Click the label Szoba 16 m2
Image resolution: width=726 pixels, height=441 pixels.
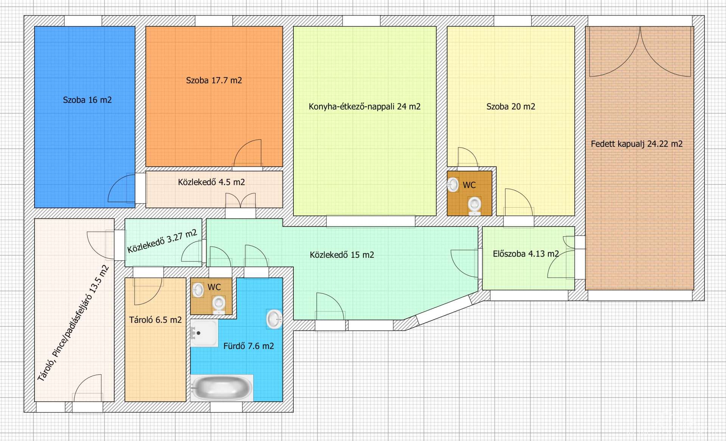coord(87,100)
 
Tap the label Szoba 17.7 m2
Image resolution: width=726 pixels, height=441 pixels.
coord(214,80)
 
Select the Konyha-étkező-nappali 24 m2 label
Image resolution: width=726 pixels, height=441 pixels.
coord(365,106)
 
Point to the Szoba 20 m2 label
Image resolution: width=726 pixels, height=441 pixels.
coord(511,106)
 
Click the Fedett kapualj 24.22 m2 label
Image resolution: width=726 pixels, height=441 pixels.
coord(637,144)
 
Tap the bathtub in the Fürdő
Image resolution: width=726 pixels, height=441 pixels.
coord(222,388)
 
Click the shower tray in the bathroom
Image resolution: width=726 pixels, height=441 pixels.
coord(204,333)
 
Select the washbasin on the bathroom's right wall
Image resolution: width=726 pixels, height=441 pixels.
coord(274,319)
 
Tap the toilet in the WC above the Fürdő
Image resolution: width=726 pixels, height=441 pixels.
coord(219,305)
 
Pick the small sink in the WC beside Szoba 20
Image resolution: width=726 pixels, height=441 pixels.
coord(453,185)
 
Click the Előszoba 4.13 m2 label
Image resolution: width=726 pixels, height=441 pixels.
coord(526,254)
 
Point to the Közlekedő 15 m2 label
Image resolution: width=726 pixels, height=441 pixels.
coord(342,255)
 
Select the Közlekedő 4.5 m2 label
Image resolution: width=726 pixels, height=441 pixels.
coord(211,182)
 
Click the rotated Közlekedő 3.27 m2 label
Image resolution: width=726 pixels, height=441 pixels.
coord(162,241)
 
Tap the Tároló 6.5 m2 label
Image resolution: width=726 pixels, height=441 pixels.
coord(155,320)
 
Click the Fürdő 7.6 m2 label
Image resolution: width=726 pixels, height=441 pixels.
coord(248,346)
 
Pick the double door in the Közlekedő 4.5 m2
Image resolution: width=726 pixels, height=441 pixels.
coord(240,200)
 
